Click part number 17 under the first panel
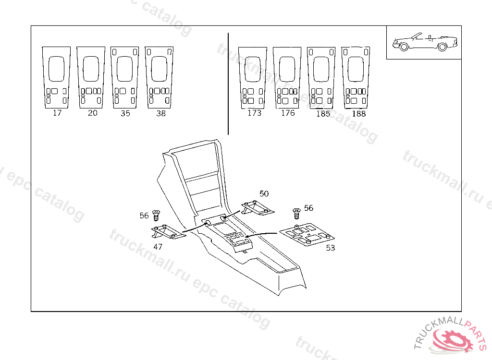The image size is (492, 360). tap(57, 113)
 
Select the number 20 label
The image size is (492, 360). tap(93, 113)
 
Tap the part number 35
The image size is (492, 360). tap(125, 114)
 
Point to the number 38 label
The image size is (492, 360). tap(161, 114)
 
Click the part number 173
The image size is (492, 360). tap(254, 113)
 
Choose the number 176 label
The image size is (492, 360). tap(288, 113)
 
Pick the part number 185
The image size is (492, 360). tap(323, 114)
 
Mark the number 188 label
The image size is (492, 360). tap(358, 114)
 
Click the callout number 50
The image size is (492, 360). tap(264, 193)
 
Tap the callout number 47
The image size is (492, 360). tap(158, 247)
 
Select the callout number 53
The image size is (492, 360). tap(331, 248)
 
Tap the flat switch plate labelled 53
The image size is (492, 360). tap(307, 235)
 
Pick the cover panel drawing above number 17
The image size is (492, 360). tap(56, 77)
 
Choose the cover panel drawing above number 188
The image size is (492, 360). tap(356, 77)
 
